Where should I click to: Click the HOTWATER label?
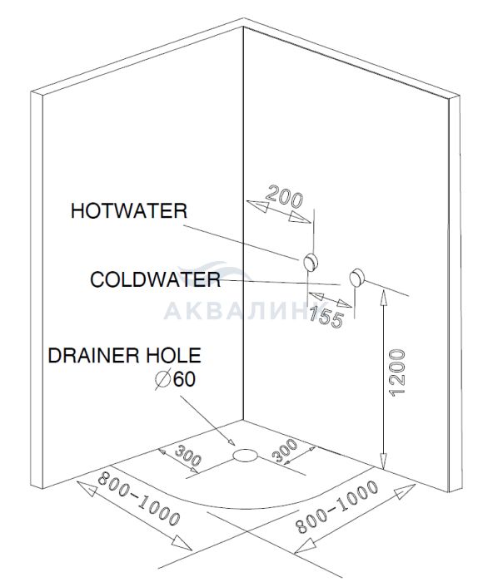tap(129, 211)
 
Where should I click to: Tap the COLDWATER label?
tap(156, 279)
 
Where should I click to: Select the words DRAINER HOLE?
tap(125, 355)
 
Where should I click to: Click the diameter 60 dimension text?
tap(175, 379)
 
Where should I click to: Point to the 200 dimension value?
tap(285, 196)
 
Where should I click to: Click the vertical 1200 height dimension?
tap(396, 372)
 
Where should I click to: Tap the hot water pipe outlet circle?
tap(311, 263)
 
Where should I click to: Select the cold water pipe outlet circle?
tap(357, 277)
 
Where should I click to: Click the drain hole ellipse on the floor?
tap(245, 455)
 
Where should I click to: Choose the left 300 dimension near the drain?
tap(188, 456)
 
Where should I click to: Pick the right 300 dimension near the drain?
tap(285, 451)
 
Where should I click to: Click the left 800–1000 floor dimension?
tap(139, 499)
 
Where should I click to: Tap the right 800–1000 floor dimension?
tap(336, 506)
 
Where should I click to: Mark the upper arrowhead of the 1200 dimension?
tap(383, 298)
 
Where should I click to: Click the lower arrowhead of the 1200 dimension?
tap(383, 461)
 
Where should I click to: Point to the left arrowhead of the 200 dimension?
tap(257, 205)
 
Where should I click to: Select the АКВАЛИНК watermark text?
tap(240, 310)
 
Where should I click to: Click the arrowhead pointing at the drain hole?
tap(231, 441)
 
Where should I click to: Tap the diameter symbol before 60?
tap(162, 379)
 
